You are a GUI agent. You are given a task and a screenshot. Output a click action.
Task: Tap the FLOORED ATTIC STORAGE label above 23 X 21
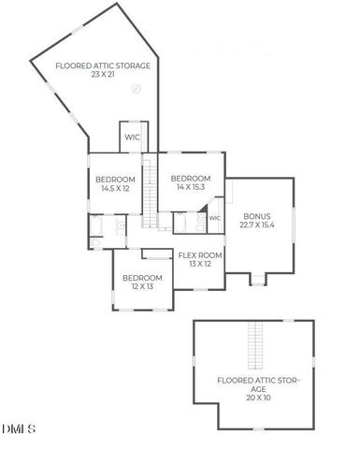click(x=90, y=65)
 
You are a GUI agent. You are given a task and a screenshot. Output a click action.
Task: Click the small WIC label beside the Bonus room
click(x=214, y=218)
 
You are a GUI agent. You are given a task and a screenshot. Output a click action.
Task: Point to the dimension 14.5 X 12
click(x=114, y=187)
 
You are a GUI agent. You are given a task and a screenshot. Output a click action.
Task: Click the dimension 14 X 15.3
click(x=190, y=186)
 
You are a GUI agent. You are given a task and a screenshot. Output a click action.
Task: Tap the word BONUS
click(x=257, y=214)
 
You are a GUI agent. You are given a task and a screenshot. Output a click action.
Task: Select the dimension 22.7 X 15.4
click(x=257, y=224)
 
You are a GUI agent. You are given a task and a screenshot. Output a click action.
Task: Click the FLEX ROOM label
click(x=200, y=254)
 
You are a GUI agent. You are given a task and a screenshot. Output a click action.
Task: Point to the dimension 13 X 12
click(x=200, y=264)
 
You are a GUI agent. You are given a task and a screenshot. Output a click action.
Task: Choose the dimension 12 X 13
click(x=142, y=286)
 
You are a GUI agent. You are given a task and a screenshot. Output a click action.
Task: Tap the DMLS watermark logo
click(x=19, y=429)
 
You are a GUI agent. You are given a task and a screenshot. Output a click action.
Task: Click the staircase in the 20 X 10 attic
click(x=252, y=345)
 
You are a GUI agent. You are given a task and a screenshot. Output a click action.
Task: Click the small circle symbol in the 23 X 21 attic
click(x=137, y=89)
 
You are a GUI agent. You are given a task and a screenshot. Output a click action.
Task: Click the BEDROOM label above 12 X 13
click(x=142, y=277)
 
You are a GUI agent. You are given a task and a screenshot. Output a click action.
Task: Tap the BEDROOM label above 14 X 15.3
click(x=190, y=177)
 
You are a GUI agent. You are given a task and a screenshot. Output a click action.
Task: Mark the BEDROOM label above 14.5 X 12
click(x=115, y=178)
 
